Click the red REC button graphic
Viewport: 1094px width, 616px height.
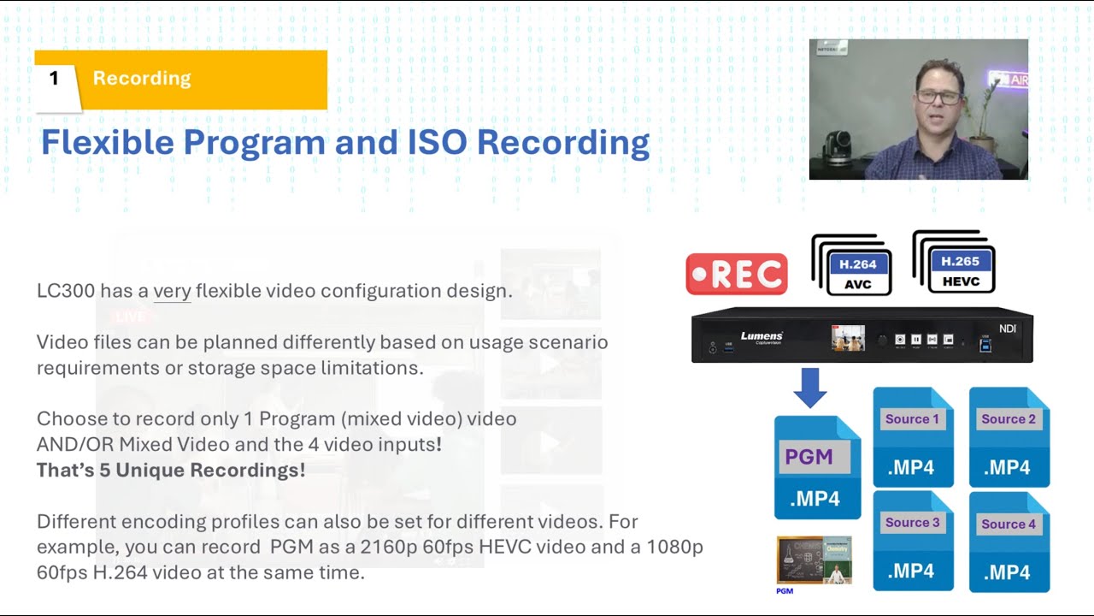(x=736, y=274)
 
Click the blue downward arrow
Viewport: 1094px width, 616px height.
(x=809, y=388)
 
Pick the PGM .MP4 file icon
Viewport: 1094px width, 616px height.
(x=817, y=467)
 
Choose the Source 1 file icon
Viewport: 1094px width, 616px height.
(x=913, y=437)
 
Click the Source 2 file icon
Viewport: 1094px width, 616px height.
(x=1009, y=437)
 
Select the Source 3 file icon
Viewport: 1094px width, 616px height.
(x=913, y=541)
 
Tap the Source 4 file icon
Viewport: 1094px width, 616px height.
(x=1009, y=542)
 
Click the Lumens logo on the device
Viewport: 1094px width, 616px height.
(x=761, y=337)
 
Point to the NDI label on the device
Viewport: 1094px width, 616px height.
(x=1008, y=329)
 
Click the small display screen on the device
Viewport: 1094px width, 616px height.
(x=848, y=339)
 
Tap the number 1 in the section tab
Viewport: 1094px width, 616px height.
(x=55, y=79)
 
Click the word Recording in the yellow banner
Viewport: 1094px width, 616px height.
(x=142, y=79)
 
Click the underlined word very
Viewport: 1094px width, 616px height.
(x=172, y=291)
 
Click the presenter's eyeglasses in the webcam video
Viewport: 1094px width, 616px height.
(x=938, y=97)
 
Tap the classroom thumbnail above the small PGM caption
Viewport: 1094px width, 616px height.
(x=814, y=560)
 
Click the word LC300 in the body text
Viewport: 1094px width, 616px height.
(x=66, y=291)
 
